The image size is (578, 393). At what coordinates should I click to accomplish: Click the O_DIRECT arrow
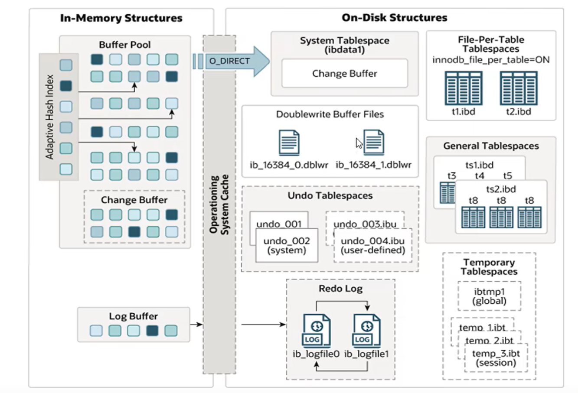[x=232, y=61]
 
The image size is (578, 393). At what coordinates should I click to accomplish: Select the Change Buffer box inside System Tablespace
[x=345, y=74]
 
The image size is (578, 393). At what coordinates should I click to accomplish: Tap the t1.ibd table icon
[x=463, y=88]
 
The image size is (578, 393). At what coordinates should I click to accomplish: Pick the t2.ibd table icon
[x=519, y=88]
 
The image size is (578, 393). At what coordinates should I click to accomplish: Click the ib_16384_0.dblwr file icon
[x=289, y=143]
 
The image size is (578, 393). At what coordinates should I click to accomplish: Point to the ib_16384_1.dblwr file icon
[x=374, y=143]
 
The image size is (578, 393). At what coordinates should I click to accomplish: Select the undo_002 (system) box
[x=287, y=246]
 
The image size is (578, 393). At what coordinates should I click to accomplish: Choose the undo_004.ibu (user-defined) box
[x=372, y=246]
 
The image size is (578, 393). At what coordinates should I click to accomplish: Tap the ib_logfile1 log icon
[x=367, y=331]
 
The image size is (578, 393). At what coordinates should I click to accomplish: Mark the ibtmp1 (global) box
[x=489, y=296]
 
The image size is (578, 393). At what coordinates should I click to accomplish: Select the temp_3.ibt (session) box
[x=496, y=358]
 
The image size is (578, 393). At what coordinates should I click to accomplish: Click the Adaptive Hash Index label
[x=50, y=117]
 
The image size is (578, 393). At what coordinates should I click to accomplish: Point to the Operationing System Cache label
[x=219, y=204]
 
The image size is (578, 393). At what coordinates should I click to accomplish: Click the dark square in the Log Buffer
[x=152, y=331]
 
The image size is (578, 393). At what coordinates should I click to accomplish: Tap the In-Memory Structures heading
[x=121, y=18]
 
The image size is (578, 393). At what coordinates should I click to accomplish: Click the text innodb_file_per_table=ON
[x=490, y=59]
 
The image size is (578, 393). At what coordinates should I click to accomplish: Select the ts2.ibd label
[x=501, y=189]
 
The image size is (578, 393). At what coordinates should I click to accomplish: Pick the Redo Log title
[x=340, y=289]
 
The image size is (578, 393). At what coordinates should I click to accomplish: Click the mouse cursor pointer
[x=359, y=143]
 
